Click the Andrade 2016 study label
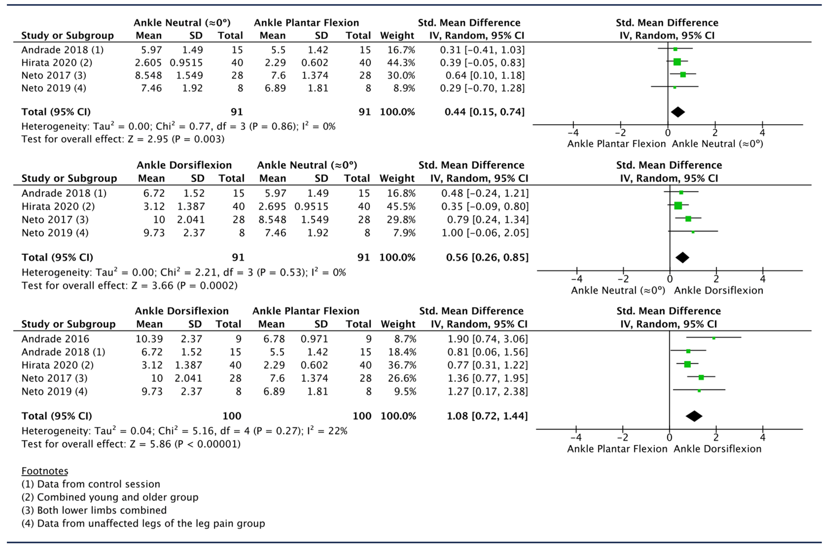pyautogui.click(x=56, y=339)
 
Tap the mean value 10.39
pyautogui.click(x=149, y=339)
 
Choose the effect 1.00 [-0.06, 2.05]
pyautogui.click(x=485, y=233)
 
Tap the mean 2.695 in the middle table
pyautogui.click(x=272, y=206)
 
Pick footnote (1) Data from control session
pyautogui.click(x=91, y=484)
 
